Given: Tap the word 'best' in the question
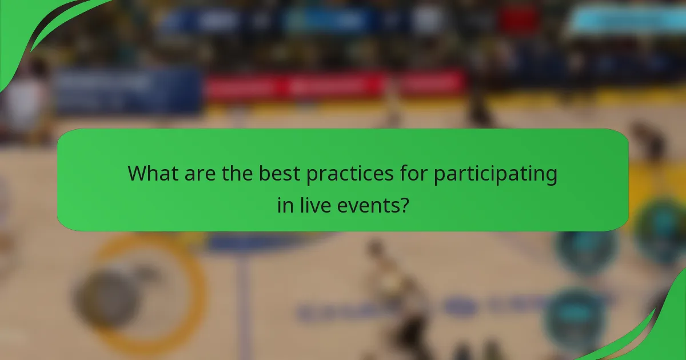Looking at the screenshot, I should pyautogui.click(x=279, y=174).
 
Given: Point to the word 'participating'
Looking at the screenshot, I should pyautogui.click(x=495, y=174).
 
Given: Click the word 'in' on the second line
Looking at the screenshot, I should pyautogui.click(x=285, y=205).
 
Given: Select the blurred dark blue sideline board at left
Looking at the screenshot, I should pyautogui.click(x=129, y=90).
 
